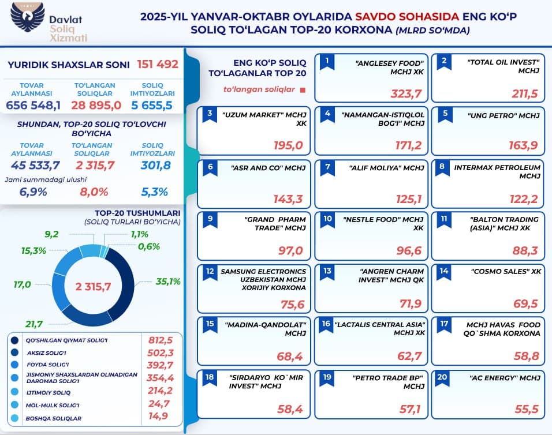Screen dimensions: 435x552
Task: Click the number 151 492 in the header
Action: (x=158, y=64)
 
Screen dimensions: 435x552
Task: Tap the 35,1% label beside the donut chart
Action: (x=168, y=282)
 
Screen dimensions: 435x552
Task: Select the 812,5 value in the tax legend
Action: (x=161, y=340)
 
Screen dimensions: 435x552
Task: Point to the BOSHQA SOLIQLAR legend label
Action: (x=54, y=418)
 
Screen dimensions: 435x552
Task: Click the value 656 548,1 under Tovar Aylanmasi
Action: (x=33, y=105)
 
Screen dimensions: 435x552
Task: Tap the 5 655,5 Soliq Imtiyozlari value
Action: (x=152, y=105)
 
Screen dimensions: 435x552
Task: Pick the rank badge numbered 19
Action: (x=328, y=379)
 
